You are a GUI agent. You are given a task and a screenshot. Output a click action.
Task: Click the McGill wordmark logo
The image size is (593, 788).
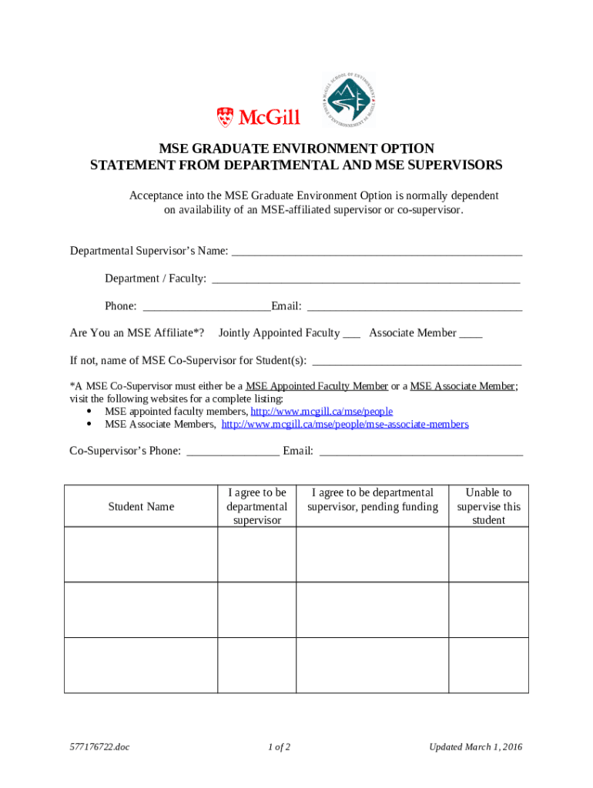click(x=258, y=117)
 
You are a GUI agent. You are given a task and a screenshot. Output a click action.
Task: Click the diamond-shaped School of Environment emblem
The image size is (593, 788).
click(x=349, y=100)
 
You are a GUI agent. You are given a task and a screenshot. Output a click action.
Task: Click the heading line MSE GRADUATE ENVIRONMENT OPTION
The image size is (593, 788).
click(x=296, y=148)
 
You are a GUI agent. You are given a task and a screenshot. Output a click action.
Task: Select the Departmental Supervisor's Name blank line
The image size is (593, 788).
click(x=377, y=252)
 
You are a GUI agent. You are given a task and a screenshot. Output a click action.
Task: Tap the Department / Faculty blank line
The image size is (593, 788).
click(x=366, y=279)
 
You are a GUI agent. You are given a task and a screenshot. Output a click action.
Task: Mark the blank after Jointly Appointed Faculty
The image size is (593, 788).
click(x=351, y=334)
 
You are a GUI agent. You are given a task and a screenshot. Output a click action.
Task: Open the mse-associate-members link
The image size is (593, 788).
click(x=345, y=424)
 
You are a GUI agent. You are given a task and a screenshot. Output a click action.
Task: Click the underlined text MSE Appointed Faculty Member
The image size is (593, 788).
click(x=317, y=386)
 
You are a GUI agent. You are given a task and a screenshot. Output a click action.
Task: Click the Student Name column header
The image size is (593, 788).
click(x=141, y=506)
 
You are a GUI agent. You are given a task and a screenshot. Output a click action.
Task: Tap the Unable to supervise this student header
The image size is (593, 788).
click(x=488, y=506)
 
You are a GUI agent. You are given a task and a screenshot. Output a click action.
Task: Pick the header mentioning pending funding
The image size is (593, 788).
click(x=372, y=499)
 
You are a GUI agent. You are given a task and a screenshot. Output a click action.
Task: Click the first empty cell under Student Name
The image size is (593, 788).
click(x=141, y=554)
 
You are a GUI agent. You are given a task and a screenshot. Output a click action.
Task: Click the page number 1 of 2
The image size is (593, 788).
click(x=279, y=747)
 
